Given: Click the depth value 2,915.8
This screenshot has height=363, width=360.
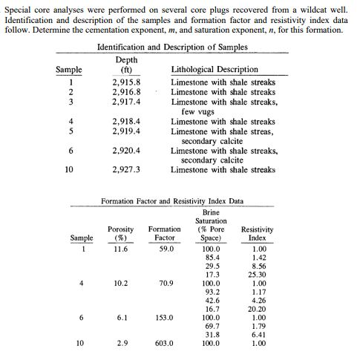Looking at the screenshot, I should (126, 82).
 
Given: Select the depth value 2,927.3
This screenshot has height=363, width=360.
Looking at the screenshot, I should (126, 169).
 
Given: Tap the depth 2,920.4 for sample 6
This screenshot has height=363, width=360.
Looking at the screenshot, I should (126, 150).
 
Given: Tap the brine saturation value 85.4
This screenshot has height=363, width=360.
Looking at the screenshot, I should (212, 258).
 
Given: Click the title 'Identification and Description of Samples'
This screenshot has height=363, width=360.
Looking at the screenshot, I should (172, 47).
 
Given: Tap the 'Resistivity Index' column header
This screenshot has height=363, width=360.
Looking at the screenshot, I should (258, 234).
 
